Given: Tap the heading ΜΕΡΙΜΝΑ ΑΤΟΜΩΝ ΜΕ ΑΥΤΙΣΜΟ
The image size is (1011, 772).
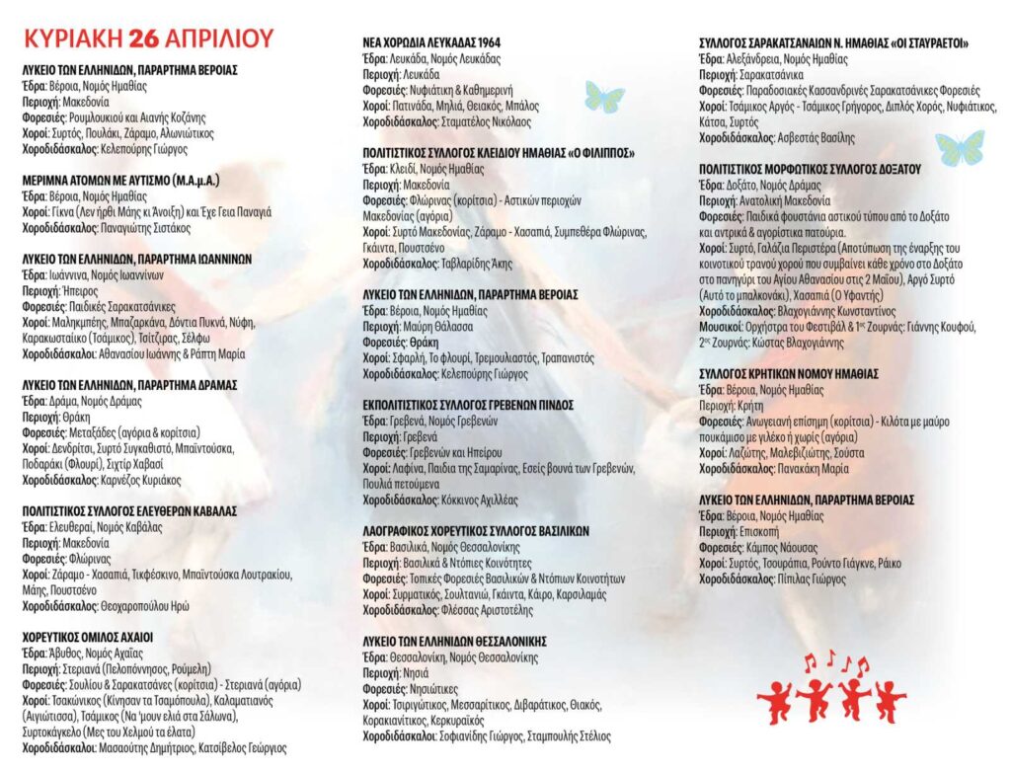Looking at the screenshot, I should [x=120, y=182].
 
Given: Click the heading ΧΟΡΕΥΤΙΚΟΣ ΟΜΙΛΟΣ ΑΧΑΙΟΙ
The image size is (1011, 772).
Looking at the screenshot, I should [x=88, y=637].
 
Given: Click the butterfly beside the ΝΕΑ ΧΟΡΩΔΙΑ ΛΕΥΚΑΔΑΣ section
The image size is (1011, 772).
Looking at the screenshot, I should [x=604, y=97].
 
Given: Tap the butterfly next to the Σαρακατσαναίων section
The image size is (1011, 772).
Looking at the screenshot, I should [x=959, y=147].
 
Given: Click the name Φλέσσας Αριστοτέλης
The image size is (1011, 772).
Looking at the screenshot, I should [x=483, y=609].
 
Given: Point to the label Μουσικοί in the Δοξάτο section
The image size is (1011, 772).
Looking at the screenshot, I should [x=723, y=328].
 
